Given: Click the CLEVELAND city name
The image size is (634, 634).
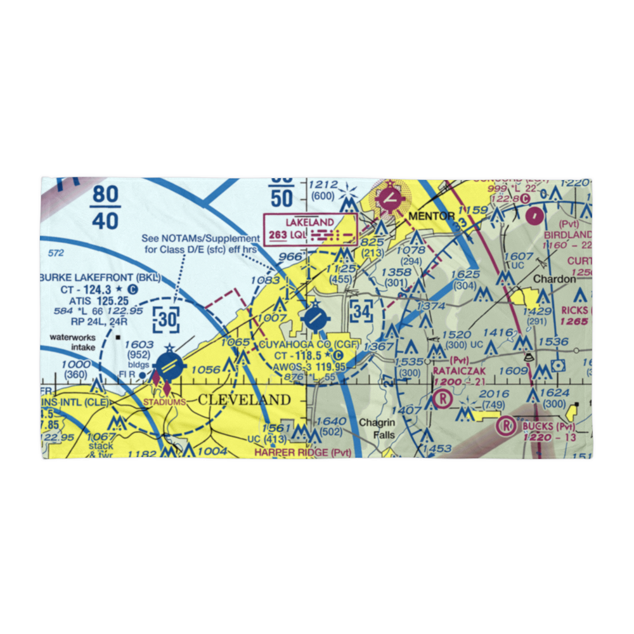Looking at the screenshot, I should click(244, 400).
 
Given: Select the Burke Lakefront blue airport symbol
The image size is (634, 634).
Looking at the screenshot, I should click(169, 366).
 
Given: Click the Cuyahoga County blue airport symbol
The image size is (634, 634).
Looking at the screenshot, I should click(314, 318).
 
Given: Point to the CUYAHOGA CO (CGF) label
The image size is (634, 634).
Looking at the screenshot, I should click(303, 345).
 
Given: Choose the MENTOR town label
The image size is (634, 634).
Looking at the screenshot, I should click(431, 216).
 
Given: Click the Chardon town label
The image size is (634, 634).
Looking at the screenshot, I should click(554, 279).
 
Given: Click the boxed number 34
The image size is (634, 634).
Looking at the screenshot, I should click(361, 311).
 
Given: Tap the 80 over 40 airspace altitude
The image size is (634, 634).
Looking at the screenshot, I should click(104, 207).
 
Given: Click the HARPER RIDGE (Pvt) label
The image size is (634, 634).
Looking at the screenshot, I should click(301, 452).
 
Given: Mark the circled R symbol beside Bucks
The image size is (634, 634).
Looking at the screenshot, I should click(506, 425).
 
